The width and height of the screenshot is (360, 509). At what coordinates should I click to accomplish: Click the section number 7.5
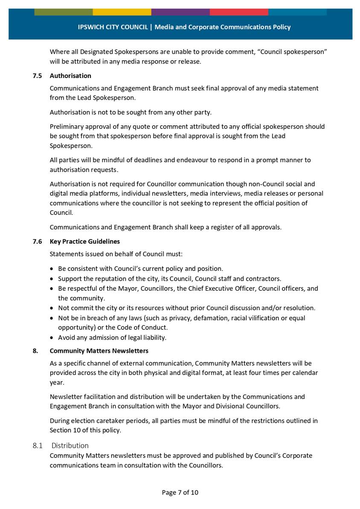tap(38, 76)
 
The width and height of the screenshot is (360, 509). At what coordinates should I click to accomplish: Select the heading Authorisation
tap(70, 76)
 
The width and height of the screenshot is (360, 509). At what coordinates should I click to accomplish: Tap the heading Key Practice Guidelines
tap(85, 241)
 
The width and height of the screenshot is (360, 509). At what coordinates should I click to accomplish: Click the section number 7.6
tap(38, 241)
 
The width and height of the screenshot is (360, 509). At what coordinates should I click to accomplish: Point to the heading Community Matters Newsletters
tap(99, 351)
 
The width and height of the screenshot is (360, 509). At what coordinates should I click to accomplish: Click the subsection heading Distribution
tap(70, 445)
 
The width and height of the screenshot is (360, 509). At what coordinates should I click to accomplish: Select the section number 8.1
tap(38, 445)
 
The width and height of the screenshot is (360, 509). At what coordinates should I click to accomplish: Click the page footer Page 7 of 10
tap(180, 492)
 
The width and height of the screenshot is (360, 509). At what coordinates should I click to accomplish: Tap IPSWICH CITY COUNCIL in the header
tap(113, 27)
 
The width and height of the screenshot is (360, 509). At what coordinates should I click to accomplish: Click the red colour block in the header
tap(239, 12)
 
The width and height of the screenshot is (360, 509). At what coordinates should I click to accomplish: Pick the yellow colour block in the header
tap(122, 12)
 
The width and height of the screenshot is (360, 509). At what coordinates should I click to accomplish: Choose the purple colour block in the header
tap(180, 12)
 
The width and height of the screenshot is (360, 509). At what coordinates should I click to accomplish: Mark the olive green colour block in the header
tap(63, 12)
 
